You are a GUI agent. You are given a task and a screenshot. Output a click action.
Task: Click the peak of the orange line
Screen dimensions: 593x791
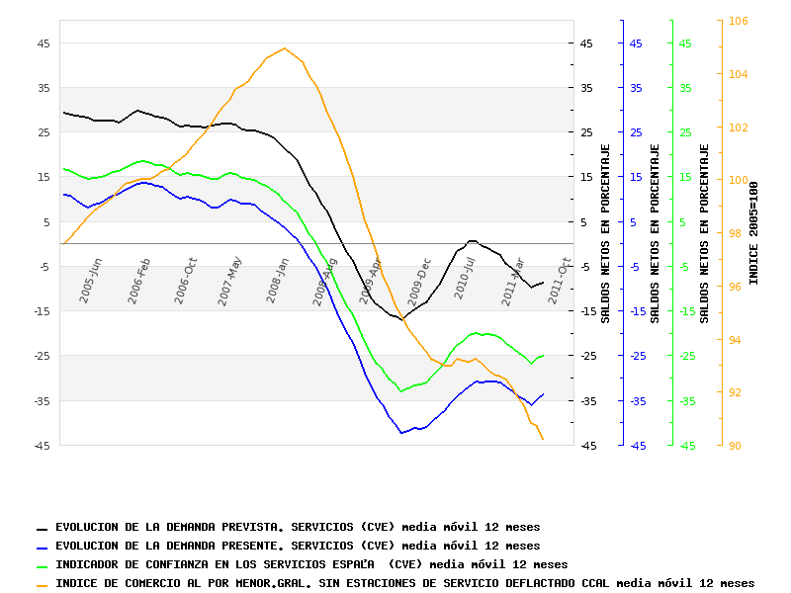tap(285, 47)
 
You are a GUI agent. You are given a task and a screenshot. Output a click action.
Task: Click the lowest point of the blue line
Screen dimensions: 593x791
tap(401, 433)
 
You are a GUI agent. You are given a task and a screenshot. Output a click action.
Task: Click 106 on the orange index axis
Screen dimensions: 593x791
tap(738, 21)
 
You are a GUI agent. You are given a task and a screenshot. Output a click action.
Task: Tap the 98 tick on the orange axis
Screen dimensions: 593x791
tap(736, 233)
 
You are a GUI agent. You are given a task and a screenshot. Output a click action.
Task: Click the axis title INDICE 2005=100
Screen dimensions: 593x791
tap(754, 233)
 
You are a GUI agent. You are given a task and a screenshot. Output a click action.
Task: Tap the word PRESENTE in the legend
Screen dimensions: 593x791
tap(257, 546)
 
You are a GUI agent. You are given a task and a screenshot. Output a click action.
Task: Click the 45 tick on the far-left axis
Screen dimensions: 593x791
tap(44, 43)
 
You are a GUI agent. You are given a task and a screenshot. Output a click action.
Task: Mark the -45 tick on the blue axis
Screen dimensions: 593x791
tap(637, 447)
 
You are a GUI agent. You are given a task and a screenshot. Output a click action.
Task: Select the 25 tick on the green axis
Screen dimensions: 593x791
tap(685, 132)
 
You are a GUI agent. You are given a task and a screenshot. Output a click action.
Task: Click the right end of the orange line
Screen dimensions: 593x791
tap(543, 440)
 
